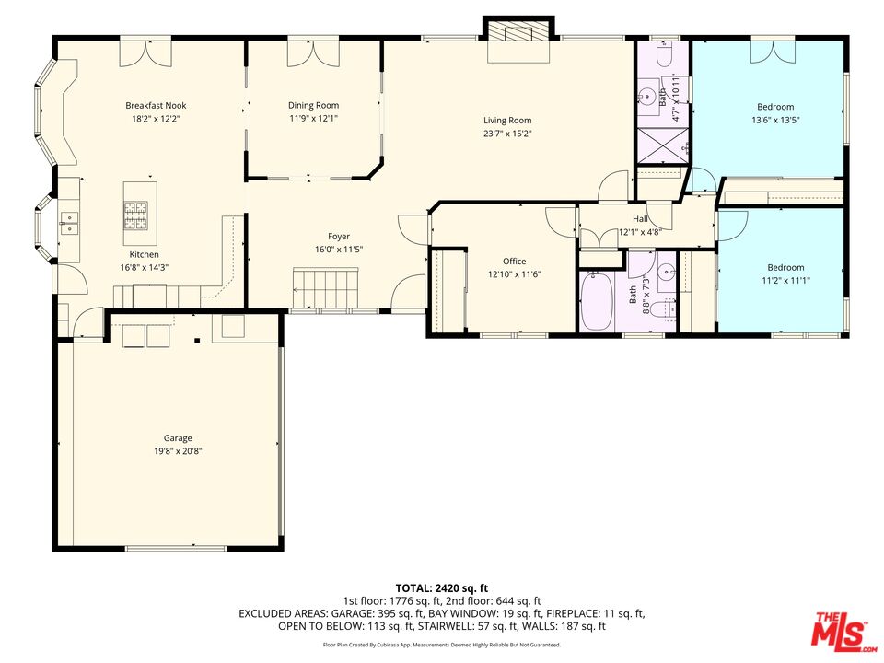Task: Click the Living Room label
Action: pos(507,121)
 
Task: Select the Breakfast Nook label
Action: pos(156,106)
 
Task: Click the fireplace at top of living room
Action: pos(519,34)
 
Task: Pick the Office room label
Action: pos(514,262)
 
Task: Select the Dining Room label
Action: pos(314,106)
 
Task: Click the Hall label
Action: pos(639,218)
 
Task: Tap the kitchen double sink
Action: pos(69,220)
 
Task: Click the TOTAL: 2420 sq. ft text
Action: pos(442,587)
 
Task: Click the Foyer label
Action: pos(331,237)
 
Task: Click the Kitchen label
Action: pos(144,254)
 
